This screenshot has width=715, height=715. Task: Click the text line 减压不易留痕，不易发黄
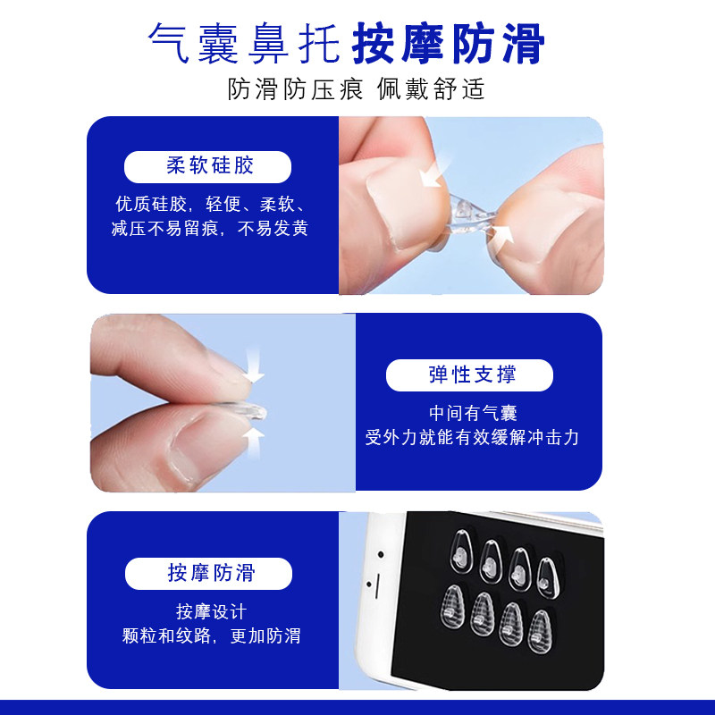click(x=210, y=229)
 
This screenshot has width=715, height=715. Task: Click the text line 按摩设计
click(x=211, y=612)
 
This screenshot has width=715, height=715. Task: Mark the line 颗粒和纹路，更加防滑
click(x=211, y=635)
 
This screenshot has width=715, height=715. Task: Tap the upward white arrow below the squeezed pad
click(x=255, y=435)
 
